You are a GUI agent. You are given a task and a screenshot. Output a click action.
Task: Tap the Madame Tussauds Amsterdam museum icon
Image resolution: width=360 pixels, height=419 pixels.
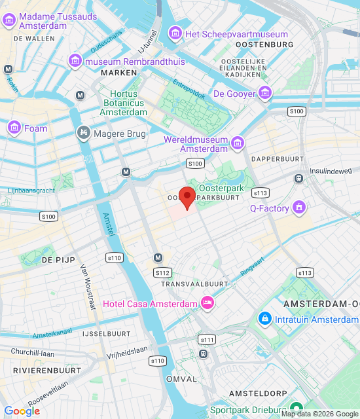pyautogui.click(x=9, y=20)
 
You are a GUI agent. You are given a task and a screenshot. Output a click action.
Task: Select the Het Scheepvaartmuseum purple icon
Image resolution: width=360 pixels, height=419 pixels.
pyautogui.click(x=175, y=33)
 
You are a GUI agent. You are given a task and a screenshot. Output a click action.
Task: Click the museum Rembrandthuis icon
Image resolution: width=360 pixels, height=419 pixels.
pyautogui.click(x=75, y=62)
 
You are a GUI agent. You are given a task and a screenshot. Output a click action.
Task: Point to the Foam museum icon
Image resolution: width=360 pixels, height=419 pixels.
pyautogui.click(x=14, y=128)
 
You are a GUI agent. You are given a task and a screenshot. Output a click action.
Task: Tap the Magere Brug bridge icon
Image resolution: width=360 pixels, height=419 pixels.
pyautogui.click(x=83, y=134)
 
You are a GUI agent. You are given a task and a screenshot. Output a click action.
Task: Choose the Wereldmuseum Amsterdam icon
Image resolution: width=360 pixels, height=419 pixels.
pyautogui.click(x=237, y=143)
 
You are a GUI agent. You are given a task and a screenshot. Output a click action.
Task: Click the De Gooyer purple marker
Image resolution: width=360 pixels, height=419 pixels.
pyautogui.click(x=264, y=93)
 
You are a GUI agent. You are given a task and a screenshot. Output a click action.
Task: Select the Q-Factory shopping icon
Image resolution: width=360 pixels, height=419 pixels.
pyautogui.click(x=300, y=208)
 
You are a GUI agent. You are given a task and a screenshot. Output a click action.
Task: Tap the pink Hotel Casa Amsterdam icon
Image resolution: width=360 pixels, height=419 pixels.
pyautogui.click(x=207, y=302)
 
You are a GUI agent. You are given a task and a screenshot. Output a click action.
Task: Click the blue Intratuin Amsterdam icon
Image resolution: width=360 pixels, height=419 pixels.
pyautogui.click(x=264, y=319)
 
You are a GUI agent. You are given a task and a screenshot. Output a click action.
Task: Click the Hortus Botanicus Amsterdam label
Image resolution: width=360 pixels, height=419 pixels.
pyautogui.click(x=123, y=103)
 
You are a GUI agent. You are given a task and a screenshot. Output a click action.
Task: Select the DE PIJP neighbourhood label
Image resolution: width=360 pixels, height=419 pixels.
pyautogui.click(x=56, y=260)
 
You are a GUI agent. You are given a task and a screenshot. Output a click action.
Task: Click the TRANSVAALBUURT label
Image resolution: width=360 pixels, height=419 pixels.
pyautogui.click(x=194, y=284)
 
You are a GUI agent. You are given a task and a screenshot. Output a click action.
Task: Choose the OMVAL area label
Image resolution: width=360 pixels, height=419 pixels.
pyautogui.click(x=181, y=379)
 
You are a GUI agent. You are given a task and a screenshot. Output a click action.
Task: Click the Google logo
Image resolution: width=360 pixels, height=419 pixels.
pyautogui.click(x=22, y=411)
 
